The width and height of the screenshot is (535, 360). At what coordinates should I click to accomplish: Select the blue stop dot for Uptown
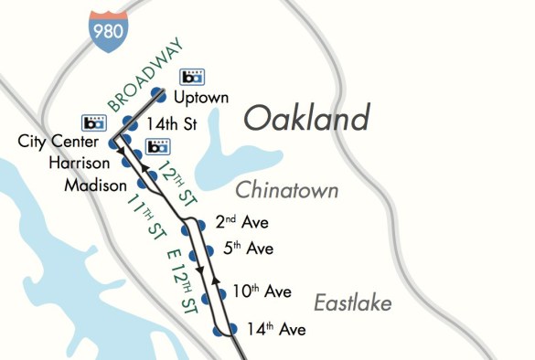pos(158,93)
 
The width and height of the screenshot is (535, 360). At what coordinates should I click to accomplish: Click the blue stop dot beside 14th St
pos(128,122)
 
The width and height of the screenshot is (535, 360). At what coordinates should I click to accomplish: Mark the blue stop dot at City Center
pos(113,143)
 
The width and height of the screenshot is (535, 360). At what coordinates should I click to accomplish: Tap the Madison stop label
pos(96,185)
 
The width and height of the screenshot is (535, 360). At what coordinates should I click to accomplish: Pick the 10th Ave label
pos(261,292)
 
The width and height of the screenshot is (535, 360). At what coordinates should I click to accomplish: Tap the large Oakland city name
pos(307,119)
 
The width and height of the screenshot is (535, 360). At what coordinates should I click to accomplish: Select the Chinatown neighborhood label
pos(287,190)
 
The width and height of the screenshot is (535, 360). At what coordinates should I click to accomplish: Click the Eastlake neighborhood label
pos(352,302)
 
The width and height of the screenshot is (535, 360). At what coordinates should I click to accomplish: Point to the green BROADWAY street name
pos(144,74)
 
